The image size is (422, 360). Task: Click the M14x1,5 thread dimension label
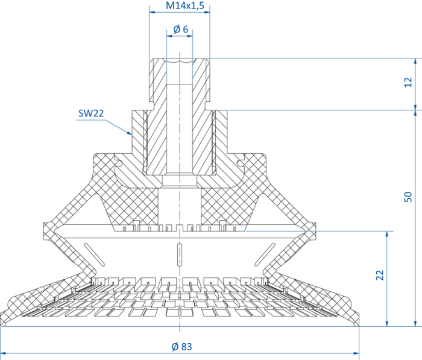pyautogui.click(x=185, y=5)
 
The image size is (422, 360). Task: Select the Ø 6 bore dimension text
pyautogui.click(x=181, y=29)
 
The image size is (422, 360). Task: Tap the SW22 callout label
pyautogui.click(x=91, y=113)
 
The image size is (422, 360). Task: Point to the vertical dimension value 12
pyautogui.click(x=408, y=82)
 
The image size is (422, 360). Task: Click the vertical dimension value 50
pyautogui.click(x=408, y=197)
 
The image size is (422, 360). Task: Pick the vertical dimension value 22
pyautogui.click(x=380, y=275)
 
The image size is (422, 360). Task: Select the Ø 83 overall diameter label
pyautogui.click(x=182, y=347)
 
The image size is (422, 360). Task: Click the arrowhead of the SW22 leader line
pyautogui.click(x=129, y=133)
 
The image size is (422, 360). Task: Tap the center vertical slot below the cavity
pyautogui.click(x=180, y=254)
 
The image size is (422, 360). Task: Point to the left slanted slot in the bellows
pyautogui.click(x=94, y=254)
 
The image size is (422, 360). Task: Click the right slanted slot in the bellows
pyautogui.click(x=265, y=254)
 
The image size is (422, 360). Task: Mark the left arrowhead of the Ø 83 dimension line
pyautogui.click(x=4, y=353)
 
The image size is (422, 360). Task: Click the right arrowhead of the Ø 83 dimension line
pyautogui.click(x=356, y=353)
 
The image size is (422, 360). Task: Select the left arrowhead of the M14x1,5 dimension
pyautogui.click(x=153, y=12)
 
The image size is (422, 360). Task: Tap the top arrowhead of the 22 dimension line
pyautogui.click(x=387, y=235)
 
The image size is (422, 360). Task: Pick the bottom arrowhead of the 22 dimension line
pyautogui.click(x=387, y=323)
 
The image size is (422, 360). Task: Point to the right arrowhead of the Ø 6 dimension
pyautogui.click(x=189, y=36)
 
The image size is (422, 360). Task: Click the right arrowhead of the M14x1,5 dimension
pyautogui.click(x=206, y=12)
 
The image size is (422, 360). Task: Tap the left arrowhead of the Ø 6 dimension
pyautogui.click(x=170, y=36)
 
